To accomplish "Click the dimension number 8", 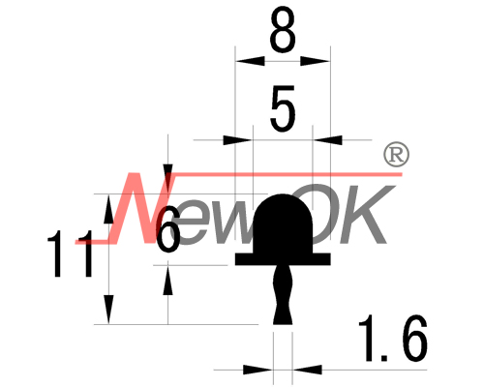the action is (x=283, y=30).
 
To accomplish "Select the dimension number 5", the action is (x=283, y=108).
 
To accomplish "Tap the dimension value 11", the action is (x=70, y=253).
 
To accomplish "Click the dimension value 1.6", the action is (x=393, y=338).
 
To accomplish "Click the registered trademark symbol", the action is (x=396, y=155).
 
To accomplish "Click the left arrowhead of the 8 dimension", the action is (x=250, y=61).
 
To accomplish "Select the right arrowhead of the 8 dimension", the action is (x=316, y=61).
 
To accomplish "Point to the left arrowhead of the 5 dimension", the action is (x=238, y=140).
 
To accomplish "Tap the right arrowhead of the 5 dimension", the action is (x=328, y=140).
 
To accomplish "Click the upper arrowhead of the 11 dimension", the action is (x=108, y=209).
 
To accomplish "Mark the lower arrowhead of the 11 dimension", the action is (x=108, y=310).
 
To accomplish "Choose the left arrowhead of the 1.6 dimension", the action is (x=258, y=370).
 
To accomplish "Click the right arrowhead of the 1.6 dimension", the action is (x=308, y=370).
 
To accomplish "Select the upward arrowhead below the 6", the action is (x=167, y=280).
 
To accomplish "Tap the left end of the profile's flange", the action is (x=235, y=259).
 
